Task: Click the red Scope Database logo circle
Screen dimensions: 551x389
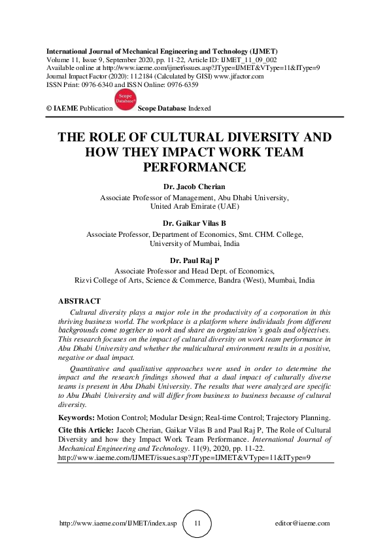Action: pos(125,100)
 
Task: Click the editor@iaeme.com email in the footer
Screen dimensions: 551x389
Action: pos(303,524)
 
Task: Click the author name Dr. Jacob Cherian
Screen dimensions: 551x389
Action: pos(194,187)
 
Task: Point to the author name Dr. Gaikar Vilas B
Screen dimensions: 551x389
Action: pos(194,223)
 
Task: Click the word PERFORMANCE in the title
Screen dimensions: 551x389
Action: pos(194,167)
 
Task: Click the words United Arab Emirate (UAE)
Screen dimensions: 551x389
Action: pos(194,205)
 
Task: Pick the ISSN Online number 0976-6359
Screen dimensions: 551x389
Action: pos(201,85)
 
